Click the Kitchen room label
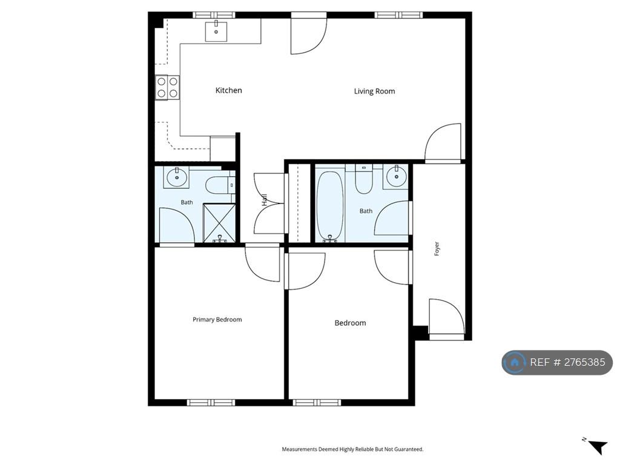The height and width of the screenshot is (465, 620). pos(228,91)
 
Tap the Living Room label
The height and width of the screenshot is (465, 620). pos(374,91)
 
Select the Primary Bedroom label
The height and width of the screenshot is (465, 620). pos(217,320)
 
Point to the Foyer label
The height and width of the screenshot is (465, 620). pos(437,249)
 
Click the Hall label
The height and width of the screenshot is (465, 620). pos(265,200)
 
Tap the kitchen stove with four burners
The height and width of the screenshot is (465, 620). pos(167,87)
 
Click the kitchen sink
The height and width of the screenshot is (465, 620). pos(216,31)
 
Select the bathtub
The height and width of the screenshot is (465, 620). pos(330,206)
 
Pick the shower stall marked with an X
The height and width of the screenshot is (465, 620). pos(219,223)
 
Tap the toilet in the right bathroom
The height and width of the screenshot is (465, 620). pos(364,179)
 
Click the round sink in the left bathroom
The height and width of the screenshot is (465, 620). pos(176,177)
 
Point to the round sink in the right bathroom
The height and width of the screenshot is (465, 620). pos(396,176)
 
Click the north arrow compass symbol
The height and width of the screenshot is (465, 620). pos(596,446)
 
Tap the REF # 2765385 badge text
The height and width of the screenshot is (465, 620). pos(567,362)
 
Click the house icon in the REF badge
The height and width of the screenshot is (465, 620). pos(515,362)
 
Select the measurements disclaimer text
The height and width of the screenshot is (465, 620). pos(352,449)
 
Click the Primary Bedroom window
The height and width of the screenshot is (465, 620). pos(211,403)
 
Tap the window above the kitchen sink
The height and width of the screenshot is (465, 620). pos(214,15)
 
